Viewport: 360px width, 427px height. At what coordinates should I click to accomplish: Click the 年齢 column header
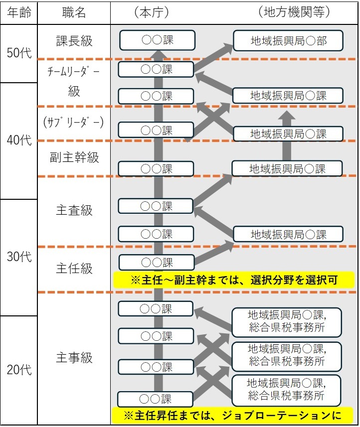coord(19,12)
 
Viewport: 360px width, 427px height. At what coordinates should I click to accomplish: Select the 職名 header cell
coord(74,12)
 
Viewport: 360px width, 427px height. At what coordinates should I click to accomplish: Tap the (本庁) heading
coord(152,12)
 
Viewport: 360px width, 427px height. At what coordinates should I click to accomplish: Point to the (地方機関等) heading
coord(294,12)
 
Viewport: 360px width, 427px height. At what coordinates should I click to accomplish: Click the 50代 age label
coord(19,53)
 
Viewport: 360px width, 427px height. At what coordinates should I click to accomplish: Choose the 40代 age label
coord(19,140)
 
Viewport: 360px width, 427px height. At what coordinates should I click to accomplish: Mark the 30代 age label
coord(19,257)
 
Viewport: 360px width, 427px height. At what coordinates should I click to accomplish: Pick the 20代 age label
coord(19,370)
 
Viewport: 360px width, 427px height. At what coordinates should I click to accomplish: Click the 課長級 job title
coord(74,41)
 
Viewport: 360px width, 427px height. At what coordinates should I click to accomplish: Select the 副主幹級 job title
coord(74,157)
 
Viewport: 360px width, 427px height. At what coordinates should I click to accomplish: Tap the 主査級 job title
coord(74,210)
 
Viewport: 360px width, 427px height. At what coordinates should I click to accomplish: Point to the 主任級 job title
coord(74,268)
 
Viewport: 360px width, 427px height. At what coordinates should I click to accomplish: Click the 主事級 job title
coord(74,357)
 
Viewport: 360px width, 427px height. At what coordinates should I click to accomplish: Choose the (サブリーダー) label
coord(74,123)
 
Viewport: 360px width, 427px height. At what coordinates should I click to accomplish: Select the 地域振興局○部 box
coord(288,41)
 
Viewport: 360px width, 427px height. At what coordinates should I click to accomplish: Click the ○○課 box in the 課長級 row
coord(157,40)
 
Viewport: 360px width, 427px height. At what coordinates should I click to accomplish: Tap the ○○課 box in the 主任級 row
coord(157,263)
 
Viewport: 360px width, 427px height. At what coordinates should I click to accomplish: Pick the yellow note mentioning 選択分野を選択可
coord(234,280)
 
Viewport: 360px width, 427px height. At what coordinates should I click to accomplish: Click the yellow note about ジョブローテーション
coord(232,415)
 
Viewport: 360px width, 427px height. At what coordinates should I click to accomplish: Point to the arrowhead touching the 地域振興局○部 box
coord(228,48)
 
